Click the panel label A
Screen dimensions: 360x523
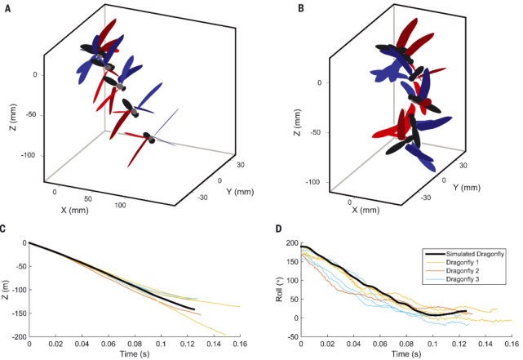click(7, 10)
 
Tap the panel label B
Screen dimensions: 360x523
click(281, 10)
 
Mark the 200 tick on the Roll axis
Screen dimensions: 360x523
click(291, 242)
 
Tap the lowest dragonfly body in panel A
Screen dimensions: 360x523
click(149, 136)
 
